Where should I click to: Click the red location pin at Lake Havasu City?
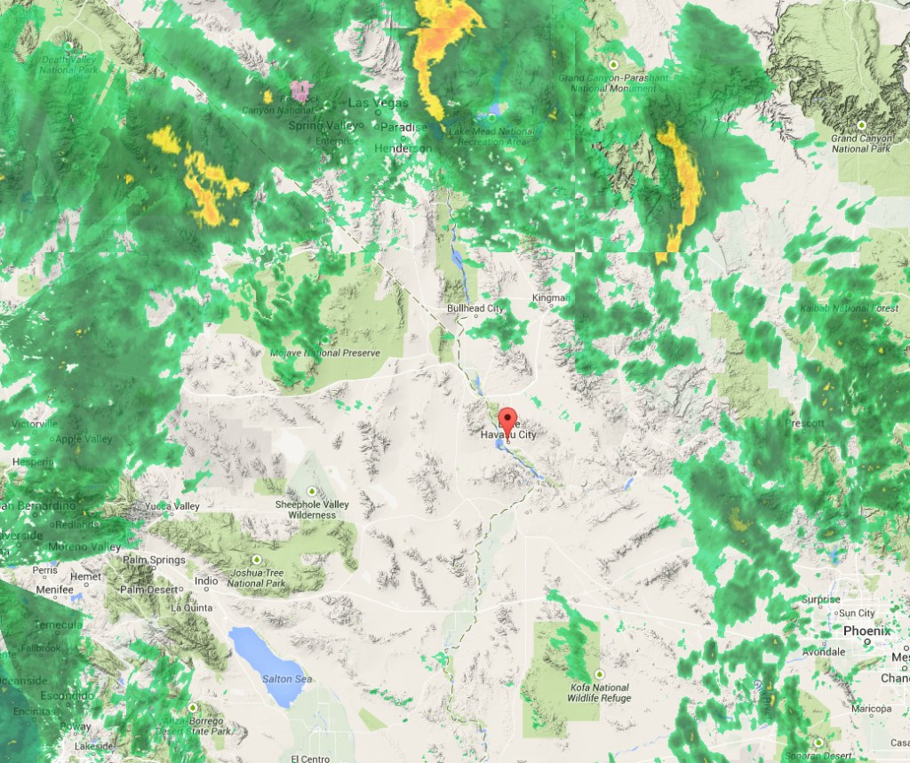(x=507, y=418)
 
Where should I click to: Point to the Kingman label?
(x=548, y=298)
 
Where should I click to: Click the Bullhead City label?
(x=475, y=308)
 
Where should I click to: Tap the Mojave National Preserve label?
(x=324, y=353)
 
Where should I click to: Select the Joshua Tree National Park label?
(x=256, y=578)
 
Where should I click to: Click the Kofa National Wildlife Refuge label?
(x=599, y=693)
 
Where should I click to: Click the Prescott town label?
(x=804, y=424)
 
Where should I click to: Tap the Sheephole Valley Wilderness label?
(x=311, y=509)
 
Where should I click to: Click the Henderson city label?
(x=403, y=148)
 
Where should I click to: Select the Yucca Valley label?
(x=172, y=506)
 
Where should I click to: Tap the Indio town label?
(x=206, y=582)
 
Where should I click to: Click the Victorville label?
(x=34, y=425)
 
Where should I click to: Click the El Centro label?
(x=310, y=758)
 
